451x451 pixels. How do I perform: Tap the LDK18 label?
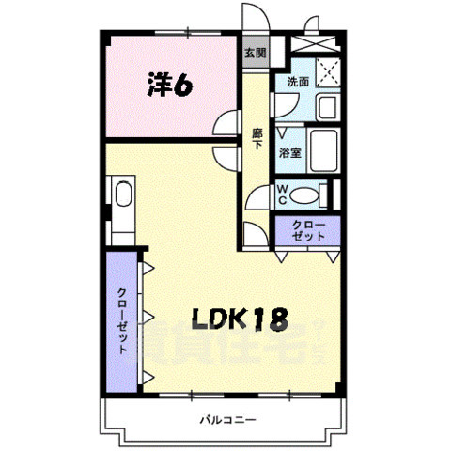(x=240, y=319)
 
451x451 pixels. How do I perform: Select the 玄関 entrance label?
(x=255, y=53)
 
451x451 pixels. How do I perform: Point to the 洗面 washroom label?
(x=298, y=83)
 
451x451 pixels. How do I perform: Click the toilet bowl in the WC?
(x=305, y=195)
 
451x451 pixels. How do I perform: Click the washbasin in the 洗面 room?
(x=326, y=106)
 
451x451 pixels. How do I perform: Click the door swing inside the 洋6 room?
(x=225, y=125)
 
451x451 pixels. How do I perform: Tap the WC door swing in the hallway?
(x=257, y=198)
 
